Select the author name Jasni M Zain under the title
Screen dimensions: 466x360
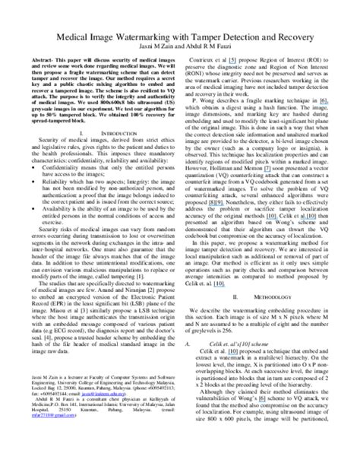156,48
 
